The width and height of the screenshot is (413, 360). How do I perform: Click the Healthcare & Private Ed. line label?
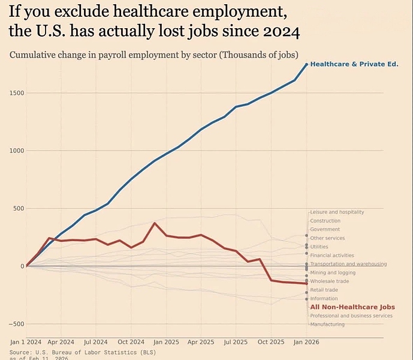[x=354, y=64]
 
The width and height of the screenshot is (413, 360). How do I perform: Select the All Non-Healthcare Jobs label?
[x=352, y=307]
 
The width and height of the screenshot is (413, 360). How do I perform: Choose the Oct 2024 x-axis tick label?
[x=131, y=341]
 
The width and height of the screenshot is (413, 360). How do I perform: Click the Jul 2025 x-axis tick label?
[x=236, y=341]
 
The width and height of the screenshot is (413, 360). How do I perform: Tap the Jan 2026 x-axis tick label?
[x=306, y=341]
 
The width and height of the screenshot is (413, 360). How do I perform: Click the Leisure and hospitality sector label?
[x=337, y=212]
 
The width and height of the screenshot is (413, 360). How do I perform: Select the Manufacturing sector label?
[x=327, y=324]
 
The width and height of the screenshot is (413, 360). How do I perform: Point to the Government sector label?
[x=325, y=229]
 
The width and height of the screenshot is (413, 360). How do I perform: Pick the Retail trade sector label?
[x=324, y=290]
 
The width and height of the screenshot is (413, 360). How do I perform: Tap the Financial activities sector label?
[x=332, y=255]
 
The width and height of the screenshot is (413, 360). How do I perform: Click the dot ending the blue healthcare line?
[x=306, y=64]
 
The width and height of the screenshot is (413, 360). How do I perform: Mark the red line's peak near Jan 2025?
[x=155, y=223]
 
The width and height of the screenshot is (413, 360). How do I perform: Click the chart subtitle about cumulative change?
[x=154, y=55]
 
